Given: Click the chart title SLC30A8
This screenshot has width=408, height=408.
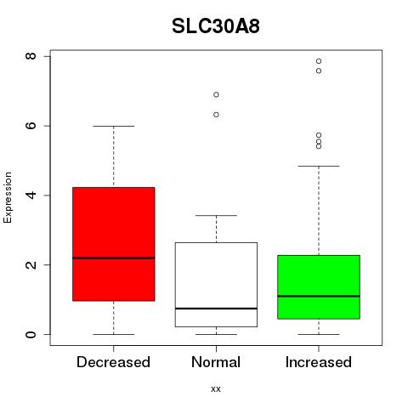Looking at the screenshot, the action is pyautogui.click(x=216, y=26).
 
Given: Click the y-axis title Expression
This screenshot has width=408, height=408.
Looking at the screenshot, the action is pyautogui.click(x=8, y=198).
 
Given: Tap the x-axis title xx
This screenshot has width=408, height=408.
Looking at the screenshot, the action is pyautogui.click(x=216, y=389).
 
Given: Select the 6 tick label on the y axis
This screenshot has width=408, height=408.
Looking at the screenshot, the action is pyautogui.click(x=31, y=126).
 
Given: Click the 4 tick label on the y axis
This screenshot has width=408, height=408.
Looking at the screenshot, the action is pyautogui.click(x=31, y=195).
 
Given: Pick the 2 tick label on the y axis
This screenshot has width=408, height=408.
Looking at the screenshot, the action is pyautogui.click(x=31, y=265).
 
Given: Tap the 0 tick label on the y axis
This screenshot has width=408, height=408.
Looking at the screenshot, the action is pyautogui.click(x=31, y=334).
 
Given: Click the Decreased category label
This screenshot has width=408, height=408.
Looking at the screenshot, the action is pyautogui.click(x=113, y=362).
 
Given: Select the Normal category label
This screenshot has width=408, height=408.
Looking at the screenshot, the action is pyautogui.click(x=216, y=362).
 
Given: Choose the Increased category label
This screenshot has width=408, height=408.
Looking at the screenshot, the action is pyautogui.click(x=319, y=362).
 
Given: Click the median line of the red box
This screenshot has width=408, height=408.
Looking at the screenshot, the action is pyautogui.click(x=114, y=258).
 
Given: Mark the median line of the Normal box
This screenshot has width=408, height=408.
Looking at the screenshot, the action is pyautogui.click(x=216, y=309).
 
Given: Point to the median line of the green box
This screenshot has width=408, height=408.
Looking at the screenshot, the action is pyautogui.click(x=319, y=296).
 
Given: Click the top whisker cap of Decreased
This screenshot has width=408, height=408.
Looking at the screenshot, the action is pyautogui.click(x=114, y=126).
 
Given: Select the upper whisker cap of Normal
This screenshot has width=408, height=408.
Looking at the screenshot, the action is pyautogui.click(x=216, y=215).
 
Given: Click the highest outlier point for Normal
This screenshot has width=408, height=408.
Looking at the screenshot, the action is pyautogui.click(x=216, y=94).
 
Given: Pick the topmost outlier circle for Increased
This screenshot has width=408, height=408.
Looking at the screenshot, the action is pyautogui.click(x=319, y=61).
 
